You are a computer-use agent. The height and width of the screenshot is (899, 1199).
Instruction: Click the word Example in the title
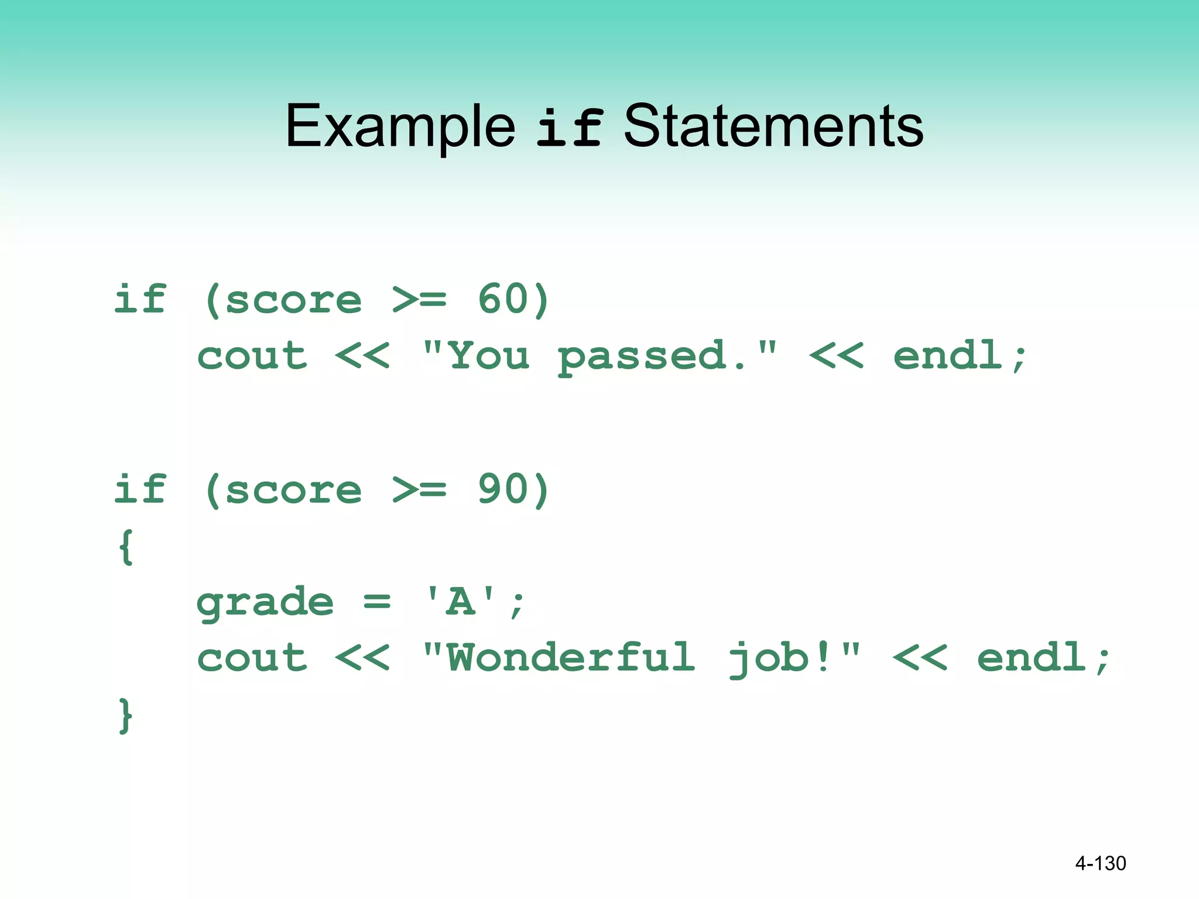(400, 126)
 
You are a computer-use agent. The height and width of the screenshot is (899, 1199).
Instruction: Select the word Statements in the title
(773, 126)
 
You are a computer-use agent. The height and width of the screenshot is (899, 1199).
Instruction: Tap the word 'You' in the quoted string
(489, 356)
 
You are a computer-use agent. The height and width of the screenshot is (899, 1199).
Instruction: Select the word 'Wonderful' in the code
(571, 657)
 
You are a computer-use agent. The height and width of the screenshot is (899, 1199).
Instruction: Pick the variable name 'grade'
(265, 603)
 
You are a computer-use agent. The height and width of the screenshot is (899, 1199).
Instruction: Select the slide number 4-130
(1100, 863)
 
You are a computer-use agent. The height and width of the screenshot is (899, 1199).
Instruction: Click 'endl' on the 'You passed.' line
(948, 355)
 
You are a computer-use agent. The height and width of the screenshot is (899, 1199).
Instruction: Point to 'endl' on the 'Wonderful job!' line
(1032, 657)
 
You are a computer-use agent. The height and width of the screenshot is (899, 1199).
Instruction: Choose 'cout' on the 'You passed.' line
(252, 356)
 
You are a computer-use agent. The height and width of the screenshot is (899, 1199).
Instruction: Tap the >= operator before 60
(419, 300)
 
